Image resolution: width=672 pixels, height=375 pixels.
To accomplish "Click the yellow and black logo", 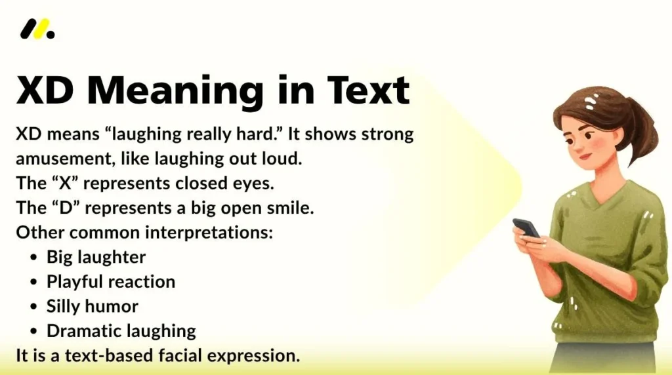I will (x=37, y=30).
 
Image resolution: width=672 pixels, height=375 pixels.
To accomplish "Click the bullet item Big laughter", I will (x=96, y=257).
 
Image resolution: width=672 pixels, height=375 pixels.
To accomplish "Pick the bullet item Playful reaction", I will (x=110, y=282).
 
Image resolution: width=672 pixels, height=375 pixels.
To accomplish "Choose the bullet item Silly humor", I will (x=92, y=306).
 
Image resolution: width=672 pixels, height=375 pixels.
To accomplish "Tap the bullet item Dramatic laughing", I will (x=121, y=331).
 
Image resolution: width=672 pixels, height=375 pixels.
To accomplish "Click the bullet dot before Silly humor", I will (x=34, y=307).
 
